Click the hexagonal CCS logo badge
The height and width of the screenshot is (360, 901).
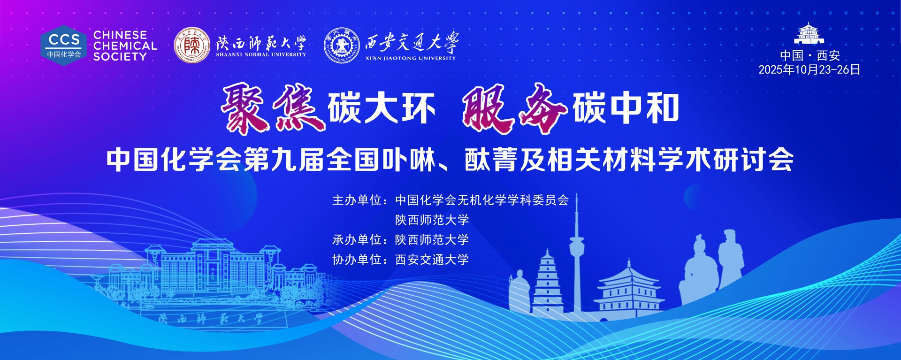click(63, 46)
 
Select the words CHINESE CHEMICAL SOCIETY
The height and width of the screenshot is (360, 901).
click(125, 46)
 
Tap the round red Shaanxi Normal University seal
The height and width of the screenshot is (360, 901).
click(192, 45)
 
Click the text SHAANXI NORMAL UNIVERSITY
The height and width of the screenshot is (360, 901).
click(261, 54)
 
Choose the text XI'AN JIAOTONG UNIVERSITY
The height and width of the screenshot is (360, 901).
click(411, 58)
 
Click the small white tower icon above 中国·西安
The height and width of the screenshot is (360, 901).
click(809, 34)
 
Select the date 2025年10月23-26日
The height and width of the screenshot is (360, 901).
click(809, 69)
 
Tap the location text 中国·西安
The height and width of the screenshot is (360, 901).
click(809, 55)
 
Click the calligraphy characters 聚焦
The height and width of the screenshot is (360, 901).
click(273, 108)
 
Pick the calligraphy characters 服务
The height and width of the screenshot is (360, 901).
click(515, 108)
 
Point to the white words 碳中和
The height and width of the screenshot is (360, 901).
click(626, 108)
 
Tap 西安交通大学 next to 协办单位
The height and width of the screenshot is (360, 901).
click(432, 260)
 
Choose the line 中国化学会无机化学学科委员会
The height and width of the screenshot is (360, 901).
click(482, 200)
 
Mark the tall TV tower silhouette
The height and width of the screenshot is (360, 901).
click(577, 253)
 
